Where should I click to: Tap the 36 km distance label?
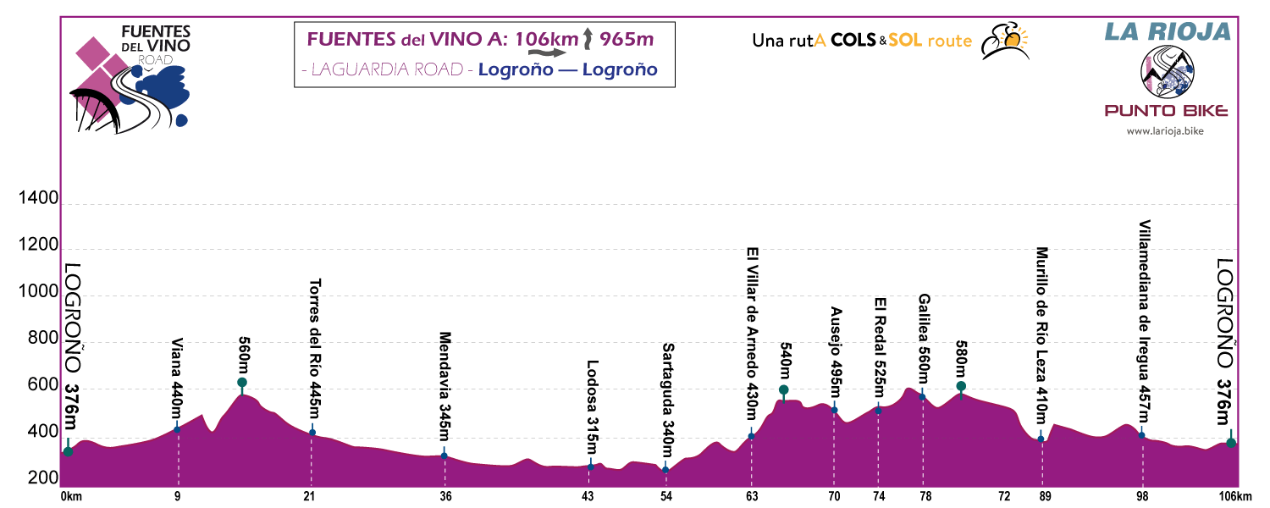(x=444, y=496)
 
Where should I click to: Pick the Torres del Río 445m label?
(x=314, y=349)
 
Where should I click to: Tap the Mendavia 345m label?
(x=444, y=386)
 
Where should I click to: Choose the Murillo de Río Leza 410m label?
(x=1041, y=335)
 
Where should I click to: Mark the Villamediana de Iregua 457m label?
(x=1143, y=320)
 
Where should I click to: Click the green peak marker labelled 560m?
(x=242, y=383)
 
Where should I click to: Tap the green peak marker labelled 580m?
(x=961, y=386)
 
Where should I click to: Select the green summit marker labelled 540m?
(x=784, y=390)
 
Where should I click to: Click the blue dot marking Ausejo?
(x=834, y=410)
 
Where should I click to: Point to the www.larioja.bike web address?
(x=1166, y=131)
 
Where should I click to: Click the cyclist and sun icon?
(x=1004, y=41)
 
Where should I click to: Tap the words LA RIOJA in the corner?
(x=1166, y=32)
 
